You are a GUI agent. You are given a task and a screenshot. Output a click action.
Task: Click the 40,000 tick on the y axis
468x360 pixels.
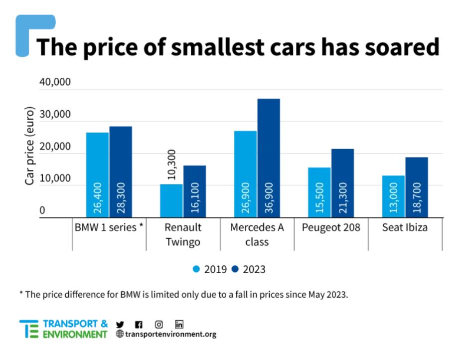[x=55, y=82]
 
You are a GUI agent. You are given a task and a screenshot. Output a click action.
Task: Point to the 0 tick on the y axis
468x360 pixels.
[x=42, y=211]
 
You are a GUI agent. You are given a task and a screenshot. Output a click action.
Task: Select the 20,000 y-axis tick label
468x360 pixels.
[x=55, y=147]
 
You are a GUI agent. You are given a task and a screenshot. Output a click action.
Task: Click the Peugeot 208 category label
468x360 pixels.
[x=330, y=228]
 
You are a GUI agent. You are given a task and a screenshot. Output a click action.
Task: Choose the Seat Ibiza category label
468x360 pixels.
[x=404, y=228]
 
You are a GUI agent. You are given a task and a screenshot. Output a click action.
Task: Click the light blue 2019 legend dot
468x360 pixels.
[x=196, y=269]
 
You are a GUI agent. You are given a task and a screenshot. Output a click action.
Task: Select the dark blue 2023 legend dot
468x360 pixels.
[x=235, y=269]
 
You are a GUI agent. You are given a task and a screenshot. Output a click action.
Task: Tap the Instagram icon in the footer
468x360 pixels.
[x=159, y=324]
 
